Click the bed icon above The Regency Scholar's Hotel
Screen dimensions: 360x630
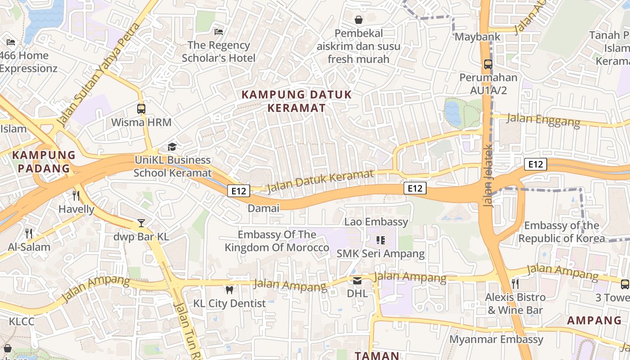click(x=219, y=31)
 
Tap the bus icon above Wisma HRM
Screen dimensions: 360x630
click(x=141, y=108)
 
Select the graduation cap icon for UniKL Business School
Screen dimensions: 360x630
click(x=172, y=147)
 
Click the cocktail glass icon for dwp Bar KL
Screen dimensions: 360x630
click(x=141, y=223)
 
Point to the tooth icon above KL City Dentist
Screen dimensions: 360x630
click(x=229, y=290)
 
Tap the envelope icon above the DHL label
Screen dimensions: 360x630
click(x=357, y=280)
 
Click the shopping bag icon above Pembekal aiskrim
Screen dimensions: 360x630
click(x=359, y=20)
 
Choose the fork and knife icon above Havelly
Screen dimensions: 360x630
click(x=76, y=195)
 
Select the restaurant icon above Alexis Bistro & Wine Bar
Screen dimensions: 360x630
click(x=515, y=283)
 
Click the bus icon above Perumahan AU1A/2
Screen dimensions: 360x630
click(x=488, y=64)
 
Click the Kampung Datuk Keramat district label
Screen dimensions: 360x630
click(x=297, y=101)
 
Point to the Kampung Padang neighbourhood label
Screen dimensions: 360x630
click(x=44, y=162)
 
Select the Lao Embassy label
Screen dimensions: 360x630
click(x=376, y=222)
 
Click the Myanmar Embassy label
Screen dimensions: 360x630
click(x=496, y=339)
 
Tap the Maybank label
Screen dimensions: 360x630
click(x=477, y=37)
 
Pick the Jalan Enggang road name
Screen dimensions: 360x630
click(x=544, y=120)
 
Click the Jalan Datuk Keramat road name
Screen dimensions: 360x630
click(x=320, y=182)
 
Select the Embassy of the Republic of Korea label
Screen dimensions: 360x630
click(x=562, y=232)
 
